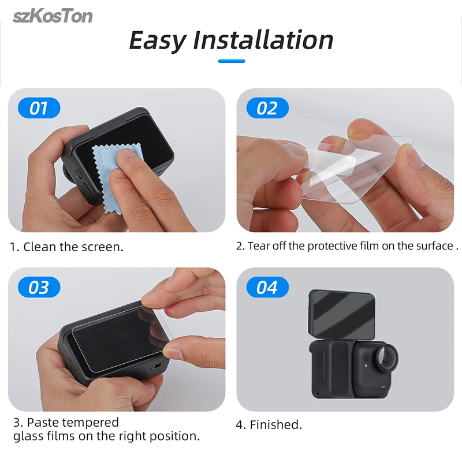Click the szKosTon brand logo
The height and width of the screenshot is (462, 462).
click(x=53, y=16)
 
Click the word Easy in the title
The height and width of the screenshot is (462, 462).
click(x=158, y=40)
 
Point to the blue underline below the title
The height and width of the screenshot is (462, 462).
click(x=232, y=61)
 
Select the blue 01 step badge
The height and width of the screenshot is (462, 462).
click(x=39, y=108)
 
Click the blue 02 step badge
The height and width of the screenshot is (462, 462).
click(x=267, y=108)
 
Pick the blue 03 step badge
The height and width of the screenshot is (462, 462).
click(x=39, y=287)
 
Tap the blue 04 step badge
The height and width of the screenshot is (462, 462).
click(x=267, y=287)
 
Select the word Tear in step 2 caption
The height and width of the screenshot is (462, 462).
click(x=258, y=246)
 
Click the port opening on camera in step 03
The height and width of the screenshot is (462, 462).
click(x=157, y=366)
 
